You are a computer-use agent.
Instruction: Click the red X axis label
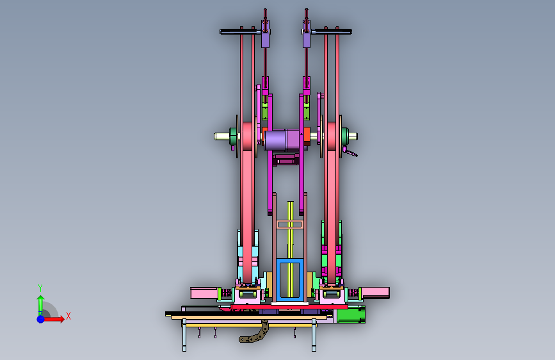click(68, 316)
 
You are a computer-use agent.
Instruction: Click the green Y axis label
click(40, 288)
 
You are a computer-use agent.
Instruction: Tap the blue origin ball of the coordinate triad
click(41, 319)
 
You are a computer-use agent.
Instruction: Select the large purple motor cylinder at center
click(282, 140)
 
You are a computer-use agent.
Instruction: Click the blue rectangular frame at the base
click(290, 280)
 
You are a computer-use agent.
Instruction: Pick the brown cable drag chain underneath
click(255, 333)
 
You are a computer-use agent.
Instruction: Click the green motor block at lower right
click(350, 315)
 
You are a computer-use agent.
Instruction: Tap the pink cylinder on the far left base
click(204, 293)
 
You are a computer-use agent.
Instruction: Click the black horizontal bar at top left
click(241, 31)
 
